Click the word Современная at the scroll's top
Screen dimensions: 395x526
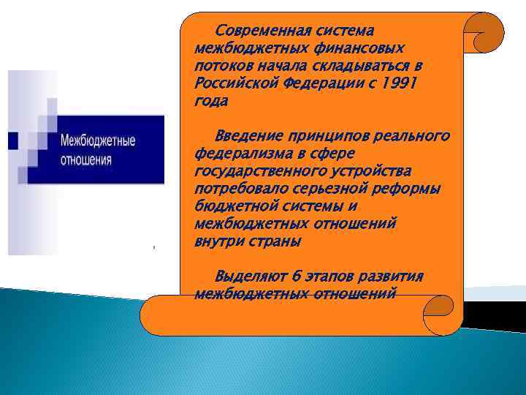point(262,31)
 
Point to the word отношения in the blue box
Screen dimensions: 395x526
point(86,158)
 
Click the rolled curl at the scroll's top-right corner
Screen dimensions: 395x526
point(484,34)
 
